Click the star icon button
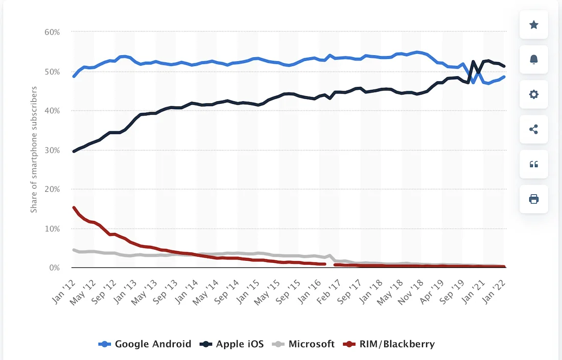click(x=534, y=25)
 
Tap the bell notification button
click(x=534, y=59)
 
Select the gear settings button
click(x=534, y=94)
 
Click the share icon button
click(x=534, y=129)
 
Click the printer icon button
click(x=534, y=199)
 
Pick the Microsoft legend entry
click(x=305, y=344)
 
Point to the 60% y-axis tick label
click(x=52, y=32)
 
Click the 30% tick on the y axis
click(x=52, y=150)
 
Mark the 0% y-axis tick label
click(x=54, y=267)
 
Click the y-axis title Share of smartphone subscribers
click(x=34, y=150)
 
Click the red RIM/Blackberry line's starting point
click(x=74, y=208)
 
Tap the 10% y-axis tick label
click(x=52, y=228)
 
